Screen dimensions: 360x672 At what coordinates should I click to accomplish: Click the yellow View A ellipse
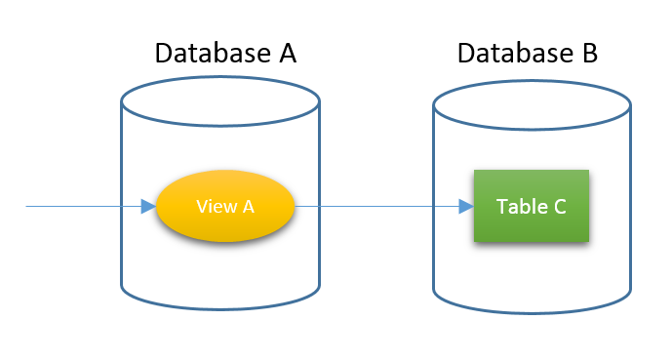[x=225, y=206]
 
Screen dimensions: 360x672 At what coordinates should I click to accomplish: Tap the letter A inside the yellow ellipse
[x=248, y=206]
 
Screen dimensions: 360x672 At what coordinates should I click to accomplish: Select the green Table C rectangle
[x=532, y=206]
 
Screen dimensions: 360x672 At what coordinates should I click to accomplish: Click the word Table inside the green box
[x=518, y=207]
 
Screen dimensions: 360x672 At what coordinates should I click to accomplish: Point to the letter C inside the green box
[x=559, y=207]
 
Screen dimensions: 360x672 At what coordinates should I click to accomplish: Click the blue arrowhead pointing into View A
[x=148, y=206]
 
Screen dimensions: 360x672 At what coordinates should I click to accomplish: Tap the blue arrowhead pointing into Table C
[x=465, y=206]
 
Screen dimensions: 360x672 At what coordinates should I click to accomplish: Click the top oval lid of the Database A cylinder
[x=220, y=98]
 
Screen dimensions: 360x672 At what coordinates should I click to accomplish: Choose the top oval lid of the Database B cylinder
[x=532, y=98]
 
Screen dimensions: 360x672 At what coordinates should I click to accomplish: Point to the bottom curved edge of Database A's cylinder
[x=220, y=307]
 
